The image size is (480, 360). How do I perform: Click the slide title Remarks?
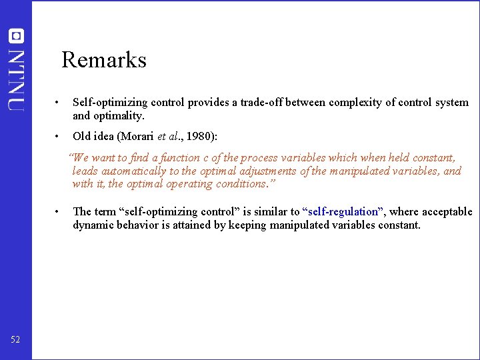pos(104,60)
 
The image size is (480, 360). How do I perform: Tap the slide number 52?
pos(15,340)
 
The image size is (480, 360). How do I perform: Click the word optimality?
pos(120,116)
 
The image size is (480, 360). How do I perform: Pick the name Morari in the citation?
pos(137,136)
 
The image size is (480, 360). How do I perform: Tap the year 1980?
pos(200,136)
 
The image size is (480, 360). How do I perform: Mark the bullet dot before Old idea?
pos(59,136)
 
